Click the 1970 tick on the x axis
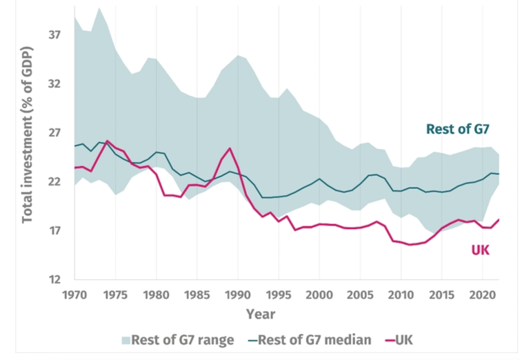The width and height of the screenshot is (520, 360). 74,294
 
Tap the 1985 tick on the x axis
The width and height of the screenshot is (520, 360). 197,294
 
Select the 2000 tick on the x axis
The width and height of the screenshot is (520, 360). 319,294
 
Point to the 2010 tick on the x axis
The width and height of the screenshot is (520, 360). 401,294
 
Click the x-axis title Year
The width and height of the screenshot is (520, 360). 261,314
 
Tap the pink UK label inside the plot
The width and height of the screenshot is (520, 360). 480,250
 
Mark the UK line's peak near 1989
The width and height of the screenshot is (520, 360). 230,148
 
